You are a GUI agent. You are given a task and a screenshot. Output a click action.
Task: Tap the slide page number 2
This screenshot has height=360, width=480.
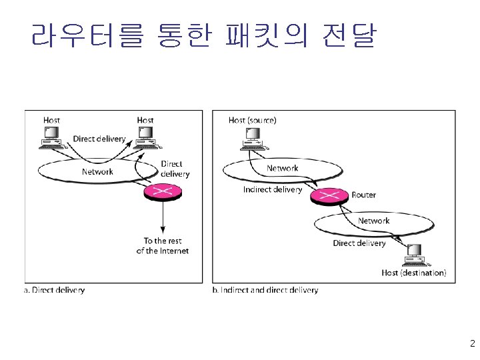click(472, 345)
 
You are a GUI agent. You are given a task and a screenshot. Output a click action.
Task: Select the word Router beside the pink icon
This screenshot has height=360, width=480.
click(363, 195)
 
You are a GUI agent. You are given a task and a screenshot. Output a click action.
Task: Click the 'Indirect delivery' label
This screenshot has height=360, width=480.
click(272, 189)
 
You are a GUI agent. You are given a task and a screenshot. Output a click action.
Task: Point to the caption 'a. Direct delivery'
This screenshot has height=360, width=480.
click(55, 290)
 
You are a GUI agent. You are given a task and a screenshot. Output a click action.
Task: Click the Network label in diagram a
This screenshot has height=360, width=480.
click(97, 171)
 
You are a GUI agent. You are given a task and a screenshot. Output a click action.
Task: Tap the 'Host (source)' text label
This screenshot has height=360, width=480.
click(252, 120)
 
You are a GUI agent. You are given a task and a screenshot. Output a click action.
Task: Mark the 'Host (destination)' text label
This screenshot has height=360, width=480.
click(414, 273)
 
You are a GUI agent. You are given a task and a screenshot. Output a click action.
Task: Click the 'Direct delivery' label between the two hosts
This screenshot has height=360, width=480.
click(99, 139)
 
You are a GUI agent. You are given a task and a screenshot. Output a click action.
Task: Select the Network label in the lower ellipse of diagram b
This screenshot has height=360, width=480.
click(373, 221)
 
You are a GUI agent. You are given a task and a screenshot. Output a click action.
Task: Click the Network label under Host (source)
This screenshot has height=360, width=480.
click(282, 168)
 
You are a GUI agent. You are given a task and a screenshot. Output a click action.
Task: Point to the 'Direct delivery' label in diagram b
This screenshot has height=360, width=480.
click(359, 243)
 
